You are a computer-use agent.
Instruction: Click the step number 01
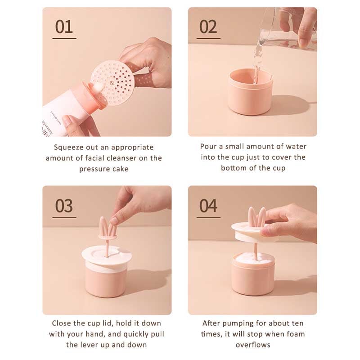64,27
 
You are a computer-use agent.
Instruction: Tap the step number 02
208,27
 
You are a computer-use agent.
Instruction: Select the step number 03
64,206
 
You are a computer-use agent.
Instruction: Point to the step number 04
208,206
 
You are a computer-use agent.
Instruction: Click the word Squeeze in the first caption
68,148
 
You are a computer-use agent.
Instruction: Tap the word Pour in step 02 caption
208,147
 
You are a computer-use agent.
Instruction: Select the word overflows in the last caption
253,345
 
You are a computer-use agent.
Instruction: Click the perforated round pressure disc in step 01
112,83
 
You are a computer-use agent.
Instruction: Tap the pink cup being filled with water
250,92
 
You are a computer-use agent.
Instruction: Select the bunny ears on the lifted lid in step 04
257,217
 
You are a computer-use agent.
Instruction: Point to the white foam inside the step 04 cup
254,259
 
